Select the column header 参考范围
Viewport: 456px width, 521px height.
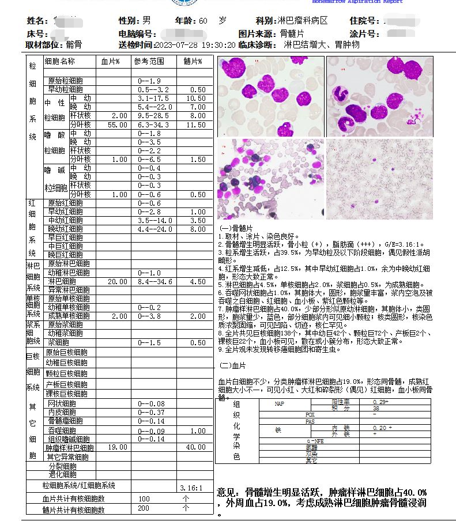pos(149,61)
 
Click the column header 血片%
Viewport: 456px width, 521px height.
pos(110,61)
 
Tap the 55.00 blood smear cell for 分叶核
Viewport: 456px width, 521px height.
pos(117,124)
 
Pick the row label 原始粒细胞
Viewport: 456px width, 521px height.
pos(65,81)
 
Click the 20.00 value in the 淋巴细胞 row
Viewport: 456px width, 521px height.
pos(117,281)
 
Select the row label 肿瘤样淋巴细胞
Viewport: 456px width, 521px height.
pos(70,448)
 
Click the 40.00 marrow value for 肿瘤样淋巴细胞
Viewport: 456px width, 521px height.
pos(195,448)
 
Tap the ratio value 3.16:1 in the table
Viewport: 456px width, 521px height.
pos(191,487)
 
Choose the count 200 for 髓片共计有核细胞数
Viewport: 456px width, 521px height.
pos(144,509)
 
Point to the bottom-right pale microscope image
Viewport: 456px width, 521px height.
pos(379,179)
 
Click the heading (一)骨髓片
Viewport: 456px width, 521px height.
pos(236,228)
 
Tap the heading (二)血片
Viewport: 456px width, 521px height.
pos(233,365)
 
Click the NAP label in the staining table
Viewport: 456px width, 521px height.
pos(279,404)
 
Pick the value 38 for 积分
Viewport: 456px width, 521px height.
pos(376,408)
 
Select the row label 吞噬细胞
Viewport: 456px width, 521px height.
pos(61,431)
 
